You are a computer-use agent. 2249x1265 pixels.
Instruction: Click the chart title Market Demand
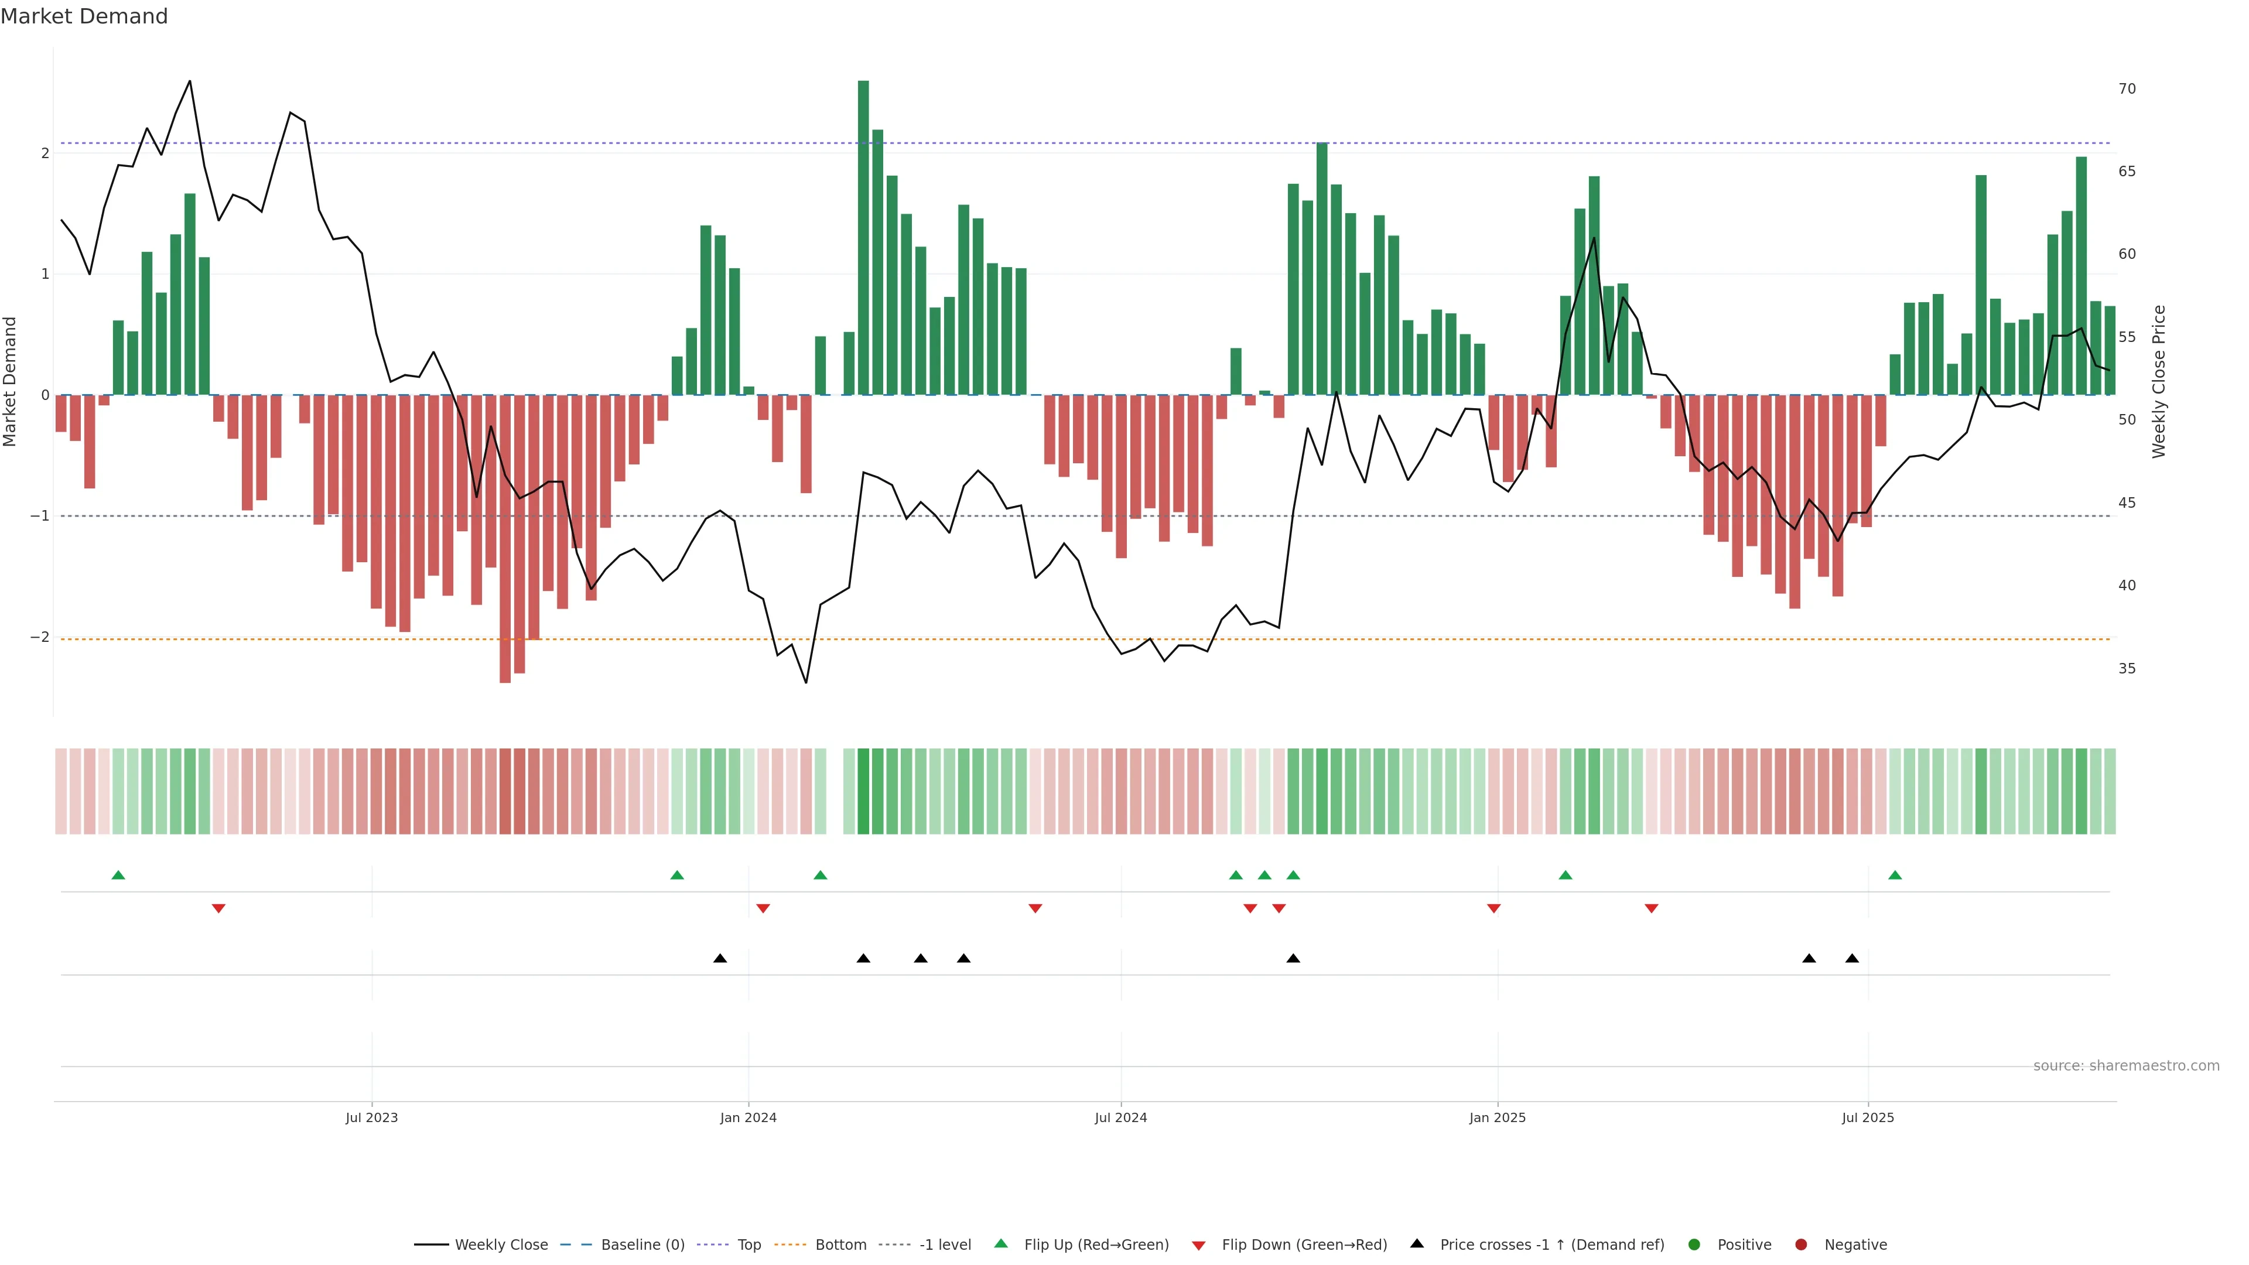tap(84, 16)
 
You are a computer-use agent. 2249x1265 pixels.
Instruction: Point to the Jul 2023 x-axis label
tap(371, 1117)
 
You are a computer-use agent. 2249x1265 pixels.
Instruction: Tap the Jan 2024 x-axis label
tap(748, 1117)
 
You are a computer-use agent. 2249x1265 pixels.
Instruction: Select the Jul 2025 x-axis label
tap(1868, 1117)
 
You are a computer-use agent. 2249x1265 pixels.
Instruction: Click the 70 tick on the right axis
tap(2127, 89)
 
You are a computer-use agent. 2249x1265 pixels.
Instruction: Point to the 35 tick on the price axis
tap(2127, 669)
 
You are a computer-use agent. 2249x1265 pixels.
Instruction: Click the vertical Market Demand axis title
tap(11, 381)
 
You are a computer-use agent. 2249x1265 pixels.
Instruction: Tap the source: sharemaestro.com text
tap(2126, 1066)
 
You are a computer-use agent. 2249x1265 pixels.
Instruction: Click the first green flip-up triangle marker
tap(119, 875)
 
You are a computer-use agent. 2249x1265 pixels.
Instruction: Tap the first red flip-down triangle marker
tap(218, 909)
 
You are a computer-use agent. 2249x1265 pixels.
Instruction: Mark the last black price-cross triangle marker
tap(1852, 959)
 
